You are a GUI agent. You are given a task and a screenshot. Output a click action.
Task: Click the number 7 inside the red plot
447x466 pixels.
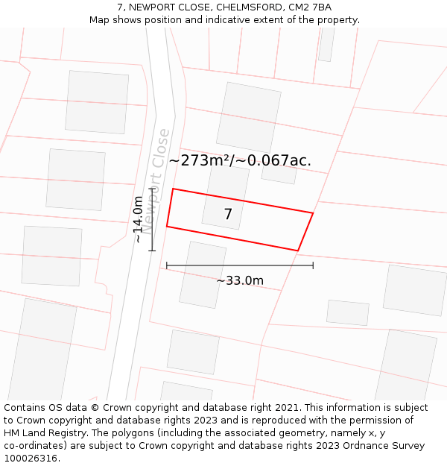[228, 215]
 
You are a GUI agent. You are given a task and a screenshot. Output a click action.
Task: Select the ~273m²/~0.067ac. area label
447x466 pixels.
[240, 160]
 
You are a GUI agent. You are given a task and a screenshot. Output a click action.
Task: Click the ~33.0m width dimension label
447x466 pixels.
[240, 280]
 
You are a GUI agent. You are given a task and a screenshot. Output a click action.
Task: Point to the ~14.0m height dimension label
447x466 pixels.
[139, 219]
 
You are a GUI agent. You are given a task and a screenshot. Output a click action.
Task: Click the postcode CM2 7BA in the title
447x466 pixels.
[307, 7]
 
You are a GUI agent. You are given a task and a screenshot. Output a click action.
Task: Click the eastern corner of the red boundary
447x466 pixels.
[313, 213]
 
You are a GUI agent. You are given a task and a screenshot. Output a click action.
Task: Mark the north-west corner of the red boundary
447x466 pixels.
[173, 189]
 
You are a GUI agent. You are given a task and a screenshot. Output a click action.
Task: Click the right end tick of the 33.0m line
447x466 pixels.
[313, 265]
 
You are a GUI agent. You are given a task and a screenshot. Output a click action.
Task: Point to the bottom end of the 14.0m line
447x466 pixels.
[152, 251]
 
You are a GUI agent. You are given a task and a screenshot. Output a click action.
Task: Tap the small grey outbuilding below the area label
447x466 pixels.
[279, 174]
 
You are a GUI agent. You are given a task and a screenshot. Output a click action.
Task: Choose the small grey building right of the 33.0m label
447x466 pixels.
[348, 312]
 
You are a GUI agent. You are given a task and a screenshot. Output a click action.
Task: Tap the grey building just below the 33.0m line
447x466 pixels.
[203, 274]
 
